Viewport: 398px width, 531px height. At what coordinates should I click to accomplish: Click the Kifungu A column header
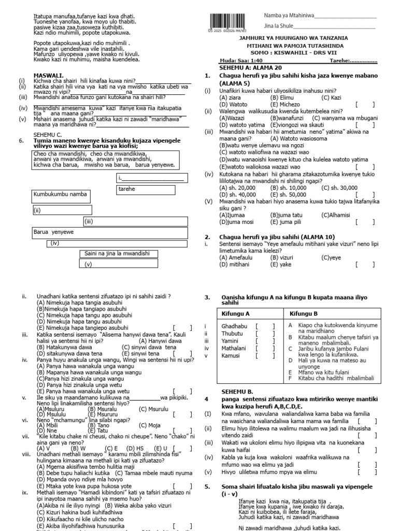[236, 314]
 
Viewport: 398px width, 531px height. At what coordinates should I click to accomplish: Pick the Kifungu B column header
[304, 314]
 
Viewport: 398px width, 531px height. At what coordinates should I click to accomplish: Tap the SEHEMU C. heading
[48, 134]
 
